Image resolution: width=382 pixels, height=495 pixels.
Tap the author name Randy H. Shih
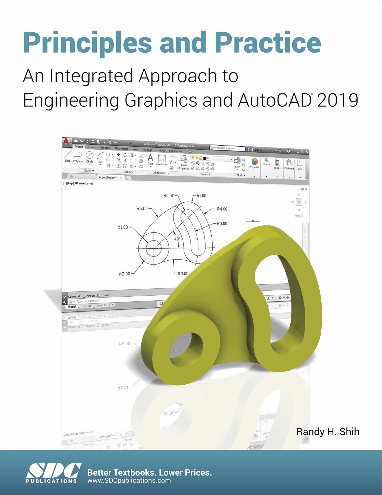pyautogui.click(x=328, y=431)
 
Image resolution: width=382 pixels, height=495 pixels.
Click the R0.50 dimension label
pyautogui.click(x=169, y=196)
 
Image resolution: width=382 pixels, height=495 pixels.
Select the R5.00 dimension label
pyautogui.click(x=142, y=208)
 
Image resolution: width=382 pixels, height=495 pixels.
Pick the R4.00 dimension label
pyautogui.click(x=222, y=209)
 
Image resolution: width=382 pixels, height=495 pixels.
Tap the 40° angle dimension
pyautogui.click(x=177, y=239)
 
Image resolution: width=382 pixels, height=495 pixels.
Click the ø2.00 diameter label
pyautogui.click(x=124, y=274)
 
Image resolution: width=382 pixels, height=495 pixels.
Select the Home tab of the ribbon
pyautogui.click(x=79, y=147)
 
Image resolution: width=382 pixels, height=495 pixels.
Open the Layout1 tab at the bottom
pyautogui.click(x=86, y=306)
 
